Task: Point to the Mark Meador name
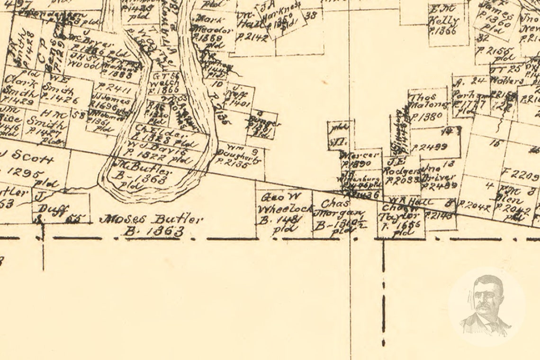208,24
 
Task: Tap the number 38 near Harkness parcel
311,15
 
